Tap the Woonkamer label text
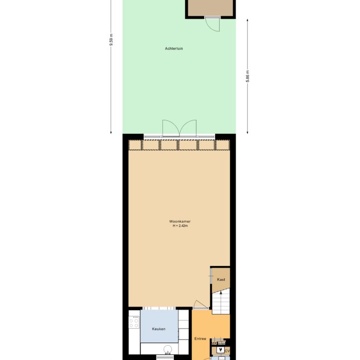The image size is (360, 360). click(180, 222)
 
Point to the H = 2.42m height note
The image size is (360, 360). click(180, 226)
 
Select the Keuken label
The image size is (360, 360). click(159, 329)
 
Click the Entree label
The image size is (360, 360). click(201, 339)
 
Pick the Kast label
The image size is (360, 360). click(221, 279)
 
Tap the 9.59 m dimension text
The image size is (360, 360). click(111, 40)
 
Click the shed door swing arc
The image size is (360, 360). click(212, 24)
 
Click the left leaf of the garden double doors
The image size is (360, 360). click(169, 128)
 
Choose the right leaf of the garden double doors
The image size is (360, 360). click(189, 128)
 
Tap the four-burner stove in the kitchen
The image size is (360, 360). click(135, 322)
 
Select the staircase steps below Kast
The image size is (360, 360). click(222, 301)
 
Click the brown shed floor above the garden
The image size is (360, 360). click(210, 6)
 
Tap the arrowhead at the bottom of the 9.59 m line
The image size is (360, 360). click(112, 133)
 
